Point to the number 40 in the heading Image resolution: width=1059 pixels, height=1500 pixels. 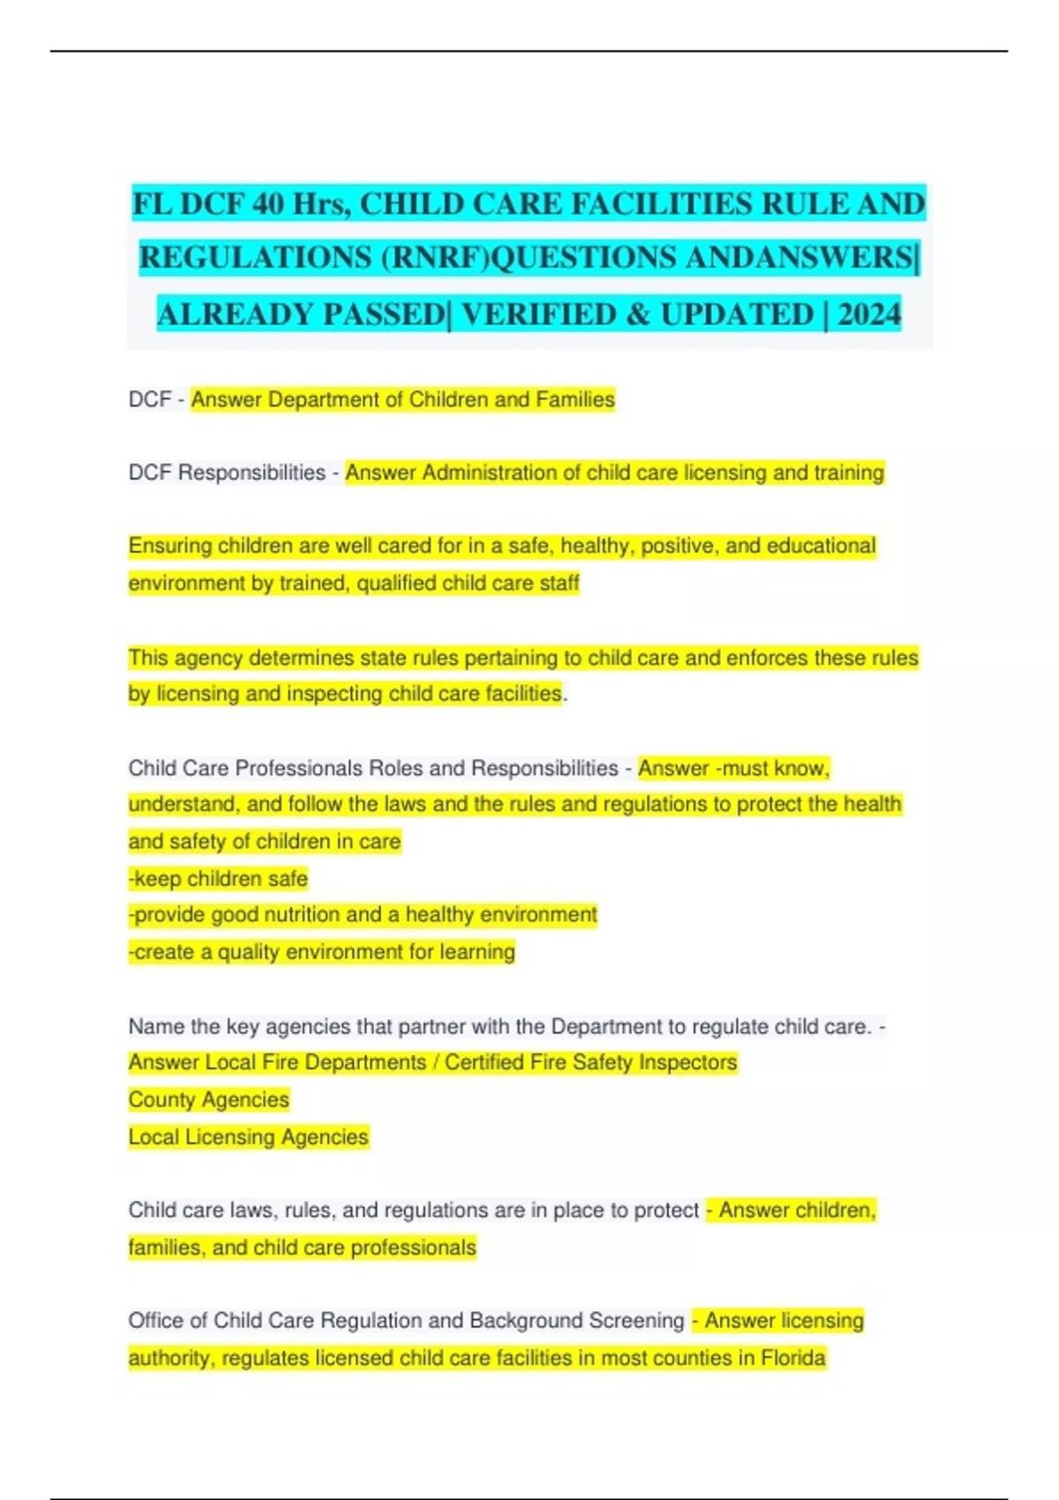[x=268, y=204]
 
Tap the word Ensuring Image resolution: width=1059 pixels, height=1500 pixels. [x=170, y=546]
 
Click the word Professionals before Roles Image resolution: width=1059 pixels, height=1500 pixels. [x=299, y=769]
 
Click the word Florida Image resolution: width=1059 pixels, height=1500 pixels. [x=790, y=1358]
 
